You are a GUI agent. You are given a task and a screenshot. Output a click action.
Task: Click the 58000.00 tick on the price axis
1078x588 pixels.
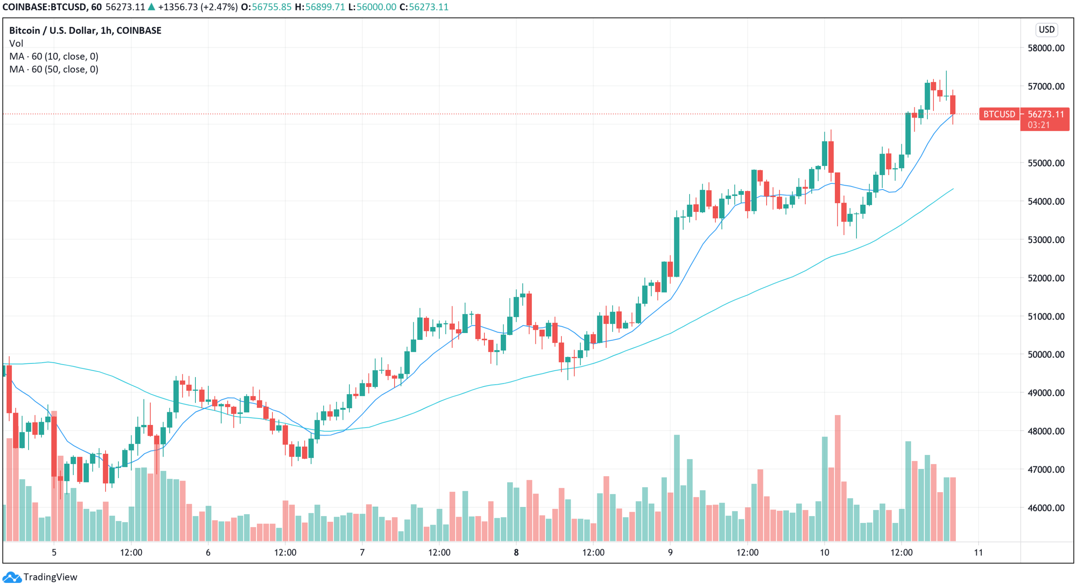coord(1045,48)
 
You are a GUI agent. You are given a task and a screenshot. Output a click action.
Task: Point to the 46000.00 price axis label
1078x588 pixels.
coord(1045,508)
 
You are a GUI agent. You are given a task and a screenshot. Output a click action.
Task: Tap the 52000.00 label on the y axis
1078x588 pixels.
coord(1045,278)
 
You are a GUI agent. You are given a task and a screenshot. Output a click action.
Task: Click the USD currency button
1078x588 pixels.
coord(1046,30)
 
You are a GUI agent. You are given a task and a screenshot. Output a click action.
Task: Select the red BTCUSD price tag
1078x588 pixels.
coord(999,114)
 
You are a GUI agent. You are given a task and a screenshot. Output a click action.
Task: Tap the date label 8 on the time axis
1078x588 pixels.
coord(516,553)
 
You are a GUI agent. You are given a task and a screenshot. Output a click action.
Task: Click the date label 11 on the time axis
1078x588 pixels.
coord(978,553)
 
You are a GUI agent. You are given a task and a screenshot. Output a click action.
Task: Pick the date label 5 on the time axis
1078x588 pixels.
coord(54,553)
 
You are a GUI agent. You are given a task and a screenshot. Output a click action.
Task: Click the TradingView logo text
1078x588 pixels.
coord(50,577)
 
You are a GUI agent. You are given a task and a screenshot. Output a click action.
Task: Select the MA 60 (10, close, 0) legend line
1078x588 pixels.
coord(53,56)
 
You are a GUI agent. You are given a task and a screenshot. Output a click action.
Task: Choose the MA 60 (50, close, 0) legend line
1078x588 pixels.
coord(53,69)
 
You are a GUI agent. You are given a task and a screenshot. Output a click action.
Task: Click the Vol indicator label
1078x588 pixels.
coord(16,43)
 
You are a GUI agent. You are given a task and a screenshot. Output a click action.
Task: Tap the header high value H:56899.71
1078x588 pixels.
coord(320,7)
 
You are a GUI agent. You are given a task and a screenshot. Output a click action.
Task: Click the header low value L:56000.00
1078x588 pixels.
coord(372,7)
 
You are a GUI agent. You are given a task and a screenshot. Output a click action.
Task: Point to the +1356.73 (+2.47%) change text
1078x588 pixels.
coord(198,7)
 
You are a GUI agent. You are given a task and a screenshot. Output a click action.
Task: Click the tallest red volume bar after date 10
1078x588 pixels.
coord(837,477)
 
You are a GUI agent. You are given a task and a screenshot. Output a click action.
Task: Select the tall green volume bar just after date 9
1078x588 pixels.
coord(677,488)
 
